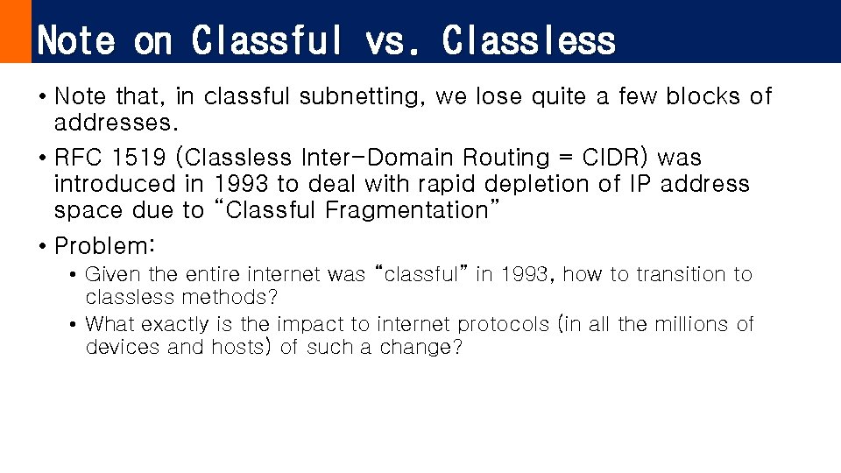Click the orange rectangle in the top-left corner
(15, 32)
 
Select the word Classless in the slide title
(529, 40)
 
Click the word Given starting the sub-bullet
(111, 275)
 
